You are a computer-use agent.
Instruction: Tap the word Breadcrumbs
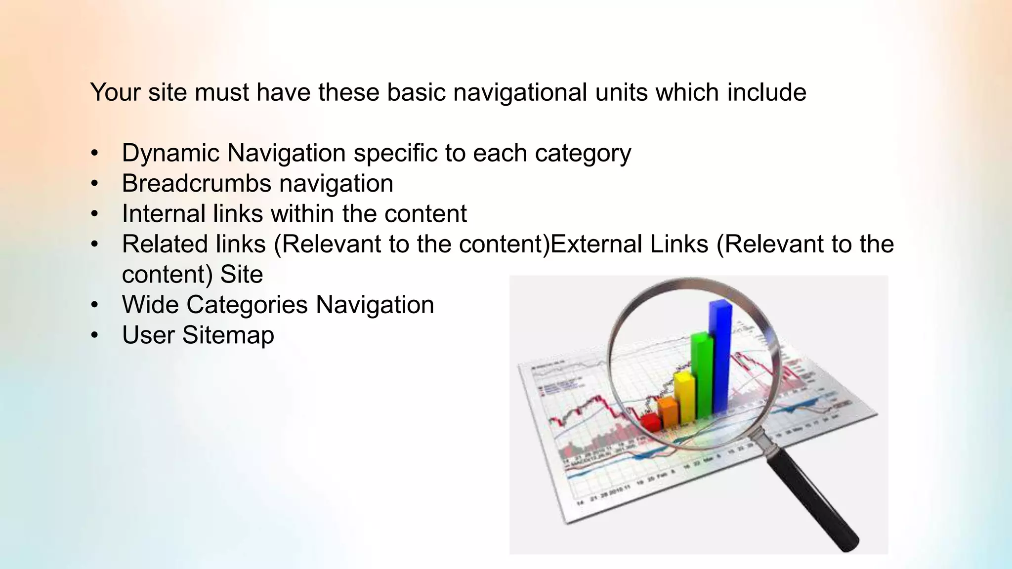[196, 183]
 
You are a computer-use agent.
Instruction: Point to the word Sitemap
[228, 335]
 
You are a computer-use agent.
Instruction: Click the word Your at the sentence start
[115, 92]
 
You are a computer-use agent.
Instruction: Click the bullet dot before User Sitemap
[95, 335]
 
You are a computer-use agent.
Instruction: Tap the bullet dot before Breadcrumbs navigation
[95, 184]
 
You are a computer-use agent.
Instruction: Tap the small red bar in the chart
[651, 422]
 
